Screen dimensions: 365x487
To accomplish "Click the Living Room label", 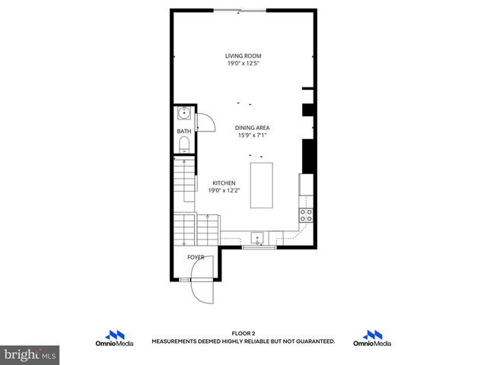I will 243,56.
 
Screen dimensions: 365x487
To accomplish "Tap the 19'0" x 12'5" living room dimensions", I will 243,64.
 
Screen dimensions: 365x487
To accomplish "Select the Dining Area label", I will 253,128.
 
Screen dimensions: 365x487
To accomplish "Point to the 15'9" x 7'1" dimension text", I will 253,136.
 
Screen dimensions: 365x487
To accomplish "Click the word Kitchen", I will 223,183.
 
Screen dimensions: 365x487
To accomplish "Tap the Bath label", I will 184,132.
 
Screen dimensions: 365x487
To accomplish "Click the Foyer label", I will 196,258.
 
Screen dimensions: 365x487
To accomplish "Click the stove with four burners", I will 307,215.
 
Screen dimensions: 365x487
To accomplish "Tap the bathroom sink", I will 183,114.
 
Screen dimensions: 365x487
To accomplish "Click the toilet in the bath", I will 183,143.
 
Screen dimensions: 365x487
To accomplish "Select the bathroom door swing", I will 203,122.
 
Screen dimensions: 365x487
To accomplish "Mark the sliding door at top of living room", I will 240,10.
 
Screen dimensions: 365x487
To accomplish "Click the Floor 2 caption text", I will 243,333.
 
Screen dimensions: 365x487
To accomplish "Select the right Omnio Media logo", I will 372,338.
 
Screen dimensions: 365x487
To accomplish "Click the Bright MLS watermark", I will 30,354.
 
